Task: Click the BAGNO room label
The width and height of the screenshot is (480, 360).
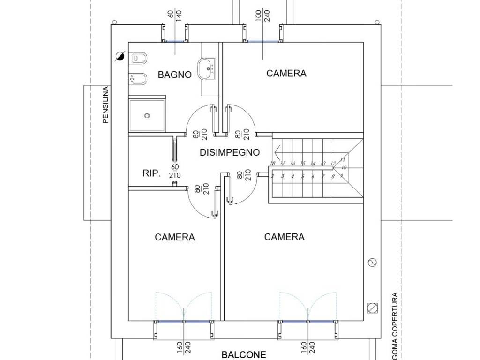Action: (174, 75)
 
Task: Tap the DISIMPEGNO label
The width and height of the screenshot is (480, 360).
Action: (230, 152)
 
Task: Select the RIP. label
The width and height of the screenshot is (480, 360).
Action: (151, 173)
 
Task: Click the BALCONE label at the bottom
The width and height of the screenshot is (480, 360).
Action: (244, 355)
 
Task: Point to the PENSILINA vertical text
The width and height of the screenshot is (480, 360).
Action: (105, 105)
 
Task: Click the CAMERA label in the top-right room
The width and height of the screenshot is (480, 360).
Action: (286, 73)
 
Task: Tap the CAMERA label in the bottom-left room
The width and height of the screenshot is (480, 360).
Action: (174, 237)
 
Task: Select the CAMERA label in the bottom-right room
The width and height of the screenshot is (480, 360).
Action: (284, 237)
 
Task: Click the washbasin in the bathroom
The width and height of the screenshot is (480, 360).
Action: (206, 69)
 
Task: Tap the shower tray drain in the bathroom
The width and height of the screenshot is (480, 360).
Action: (147, 115)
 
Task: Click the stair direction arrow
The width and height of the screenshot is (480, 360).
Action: (277, 152)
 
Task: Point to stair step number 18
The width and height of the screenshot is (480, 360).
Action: (272, 163)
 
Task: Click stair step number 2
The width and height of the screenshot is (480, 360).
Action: (272, 176)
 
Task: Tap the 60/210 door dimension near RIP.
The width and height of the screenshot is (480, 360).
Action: (175, 171)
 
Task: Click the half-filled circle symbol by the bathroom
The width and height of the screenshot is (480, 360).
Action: (120, 57)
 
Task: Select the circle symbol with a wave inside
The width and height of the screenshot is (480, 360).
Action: (373, 262)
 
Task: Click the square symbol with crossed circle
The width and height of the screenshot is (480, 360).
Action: (373, 307)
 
